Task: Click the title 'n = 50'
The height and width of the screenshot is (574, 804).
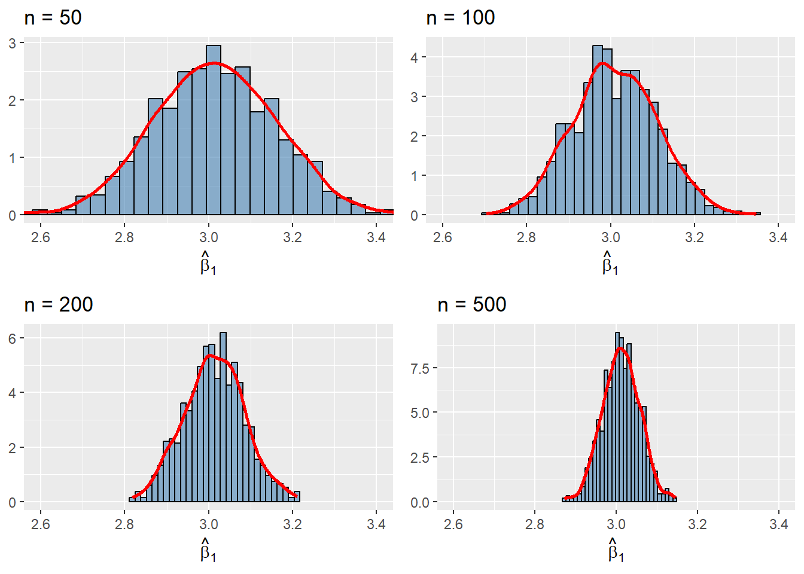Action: pos(53,18)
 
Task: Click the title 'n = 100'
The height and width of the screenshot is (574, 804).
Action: pos(460,18)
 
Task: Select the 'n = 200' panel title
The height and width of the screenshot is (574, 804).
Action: pos(59,305)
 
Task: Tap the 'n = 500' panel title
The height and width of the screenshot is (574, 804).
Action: pos(471,305)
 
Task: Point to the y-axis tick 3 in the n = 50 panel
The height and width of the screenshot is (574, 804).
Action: pos(13,43)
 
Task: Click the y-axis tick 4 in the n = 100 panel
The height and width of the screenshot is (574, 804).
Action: pos(415,57)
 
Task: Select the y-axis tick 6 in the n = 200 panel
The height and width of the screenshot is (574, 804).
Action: pos(13,338)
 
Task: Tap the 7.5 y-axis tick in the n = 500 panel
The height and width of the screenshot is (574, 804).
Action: pos(420,368)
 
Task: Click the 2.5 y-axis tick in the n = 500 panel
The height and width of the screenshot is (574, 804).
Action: pos(420,457)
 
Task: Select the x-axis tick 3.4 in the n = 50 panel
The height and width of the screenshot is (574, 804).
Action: pos(376,237)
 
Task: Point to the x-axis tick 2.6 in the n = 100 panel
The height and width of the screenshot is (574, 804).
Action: pos(443,237)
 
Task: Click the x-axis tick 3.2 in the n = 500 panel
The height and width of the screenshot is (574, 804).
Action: pos(698,524)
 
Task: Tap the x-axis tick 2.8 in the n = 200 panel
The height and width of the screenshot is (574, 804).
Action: pos(124,524)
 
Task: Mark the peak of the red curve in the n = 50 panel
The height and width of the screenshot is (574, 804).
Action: pos(215,63)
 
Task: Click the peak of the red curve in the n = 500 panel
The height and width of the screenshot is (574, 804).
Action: pos(620,347)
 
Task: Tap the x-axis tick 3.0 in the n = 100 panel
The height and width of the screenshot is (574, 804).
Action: pos(610,237)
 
